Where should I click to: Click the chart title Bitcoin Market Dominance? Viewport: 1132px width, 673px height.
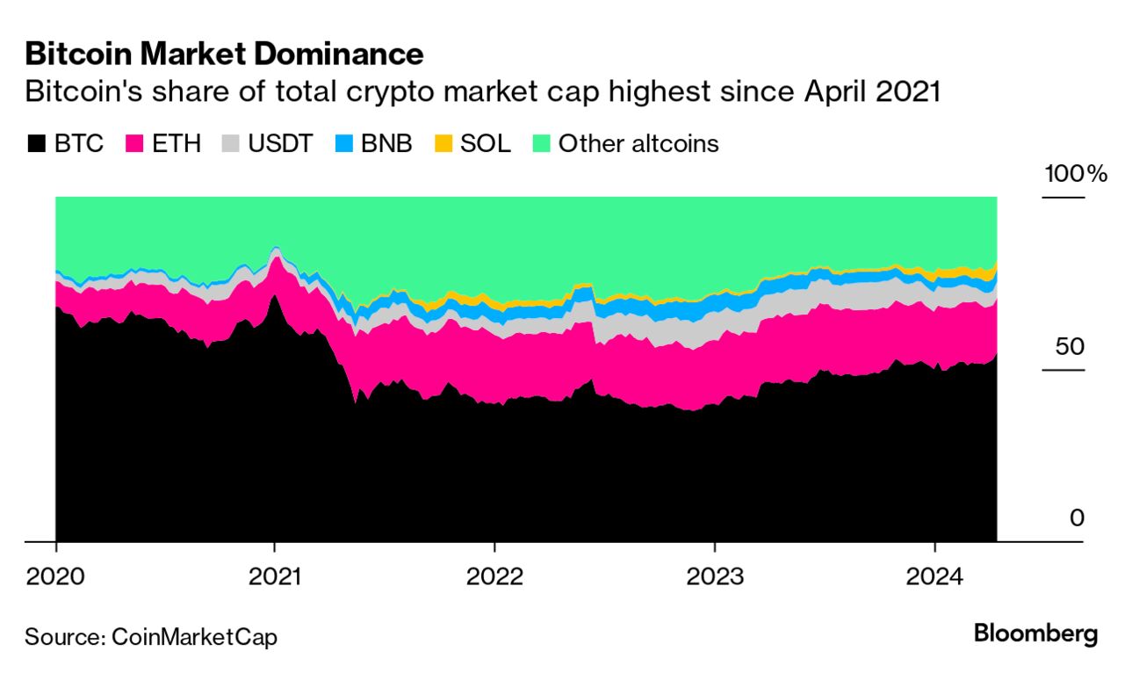pos(224,54)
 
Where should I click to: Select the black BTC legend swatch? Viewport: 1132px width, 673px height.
pos(36,143)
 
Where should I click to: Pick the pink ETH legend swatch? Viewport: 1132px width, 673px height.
pos(135,143)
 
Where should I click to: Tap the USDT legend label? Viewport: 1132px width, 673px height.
pos(278,143)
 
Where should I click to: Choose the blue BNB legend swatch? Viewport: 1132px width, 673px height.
pos(345,143)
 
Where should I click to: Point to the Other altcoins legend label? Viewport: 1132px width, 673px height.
pos(638,143)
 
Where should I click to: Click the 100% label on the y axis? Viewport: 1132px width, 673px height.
pos(1075,174)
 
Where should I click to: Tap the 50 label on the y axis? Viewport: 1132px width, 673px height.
pos(1070,346)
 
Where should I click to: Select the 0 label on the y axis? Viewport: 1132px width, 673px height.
pos(1077,518)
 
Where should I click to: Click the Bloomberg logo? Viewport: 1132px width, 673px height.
pos(1035,633)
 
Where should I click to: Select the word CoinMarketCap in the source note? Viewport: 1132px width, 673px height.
pos(194,637)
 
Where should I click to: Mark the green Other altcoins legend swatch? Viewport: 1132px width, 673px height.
pos(541,143)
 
